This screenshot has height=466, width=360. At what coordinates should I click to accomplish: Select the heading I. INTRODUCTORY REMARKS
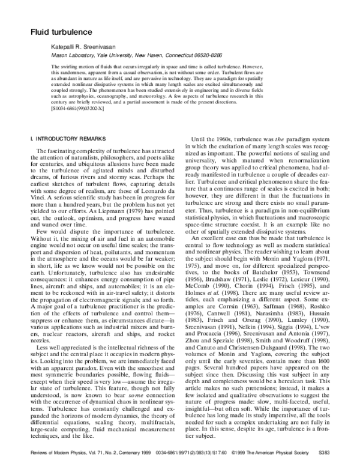(x=66, y=156)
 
